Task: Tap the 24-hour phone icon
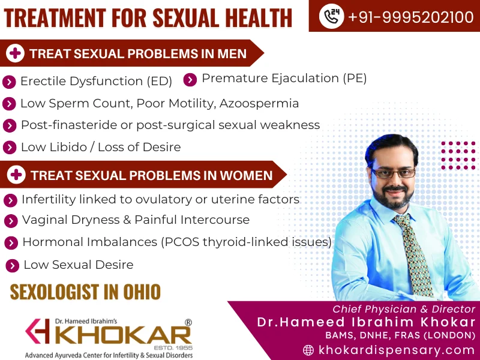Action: coord(331,17)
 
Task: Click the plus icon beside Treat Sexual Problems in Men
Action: coord(15,53)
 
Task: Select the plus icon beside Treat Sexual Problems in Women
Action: coord(16,175)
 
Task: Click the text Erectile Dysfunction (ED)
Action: coord(96,81)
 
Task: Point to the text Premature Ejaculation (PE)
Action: coord(284,78)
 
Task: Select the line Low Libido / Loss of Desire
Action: coord(100,147)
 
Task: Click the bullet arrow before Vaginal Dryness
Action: coord(10,221)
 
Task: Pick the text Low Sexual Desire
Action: coord(78,265)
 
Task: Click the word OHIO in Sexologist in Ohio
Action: coord(142,292)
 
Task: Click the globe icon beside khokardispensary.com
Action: coord(309,350)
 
